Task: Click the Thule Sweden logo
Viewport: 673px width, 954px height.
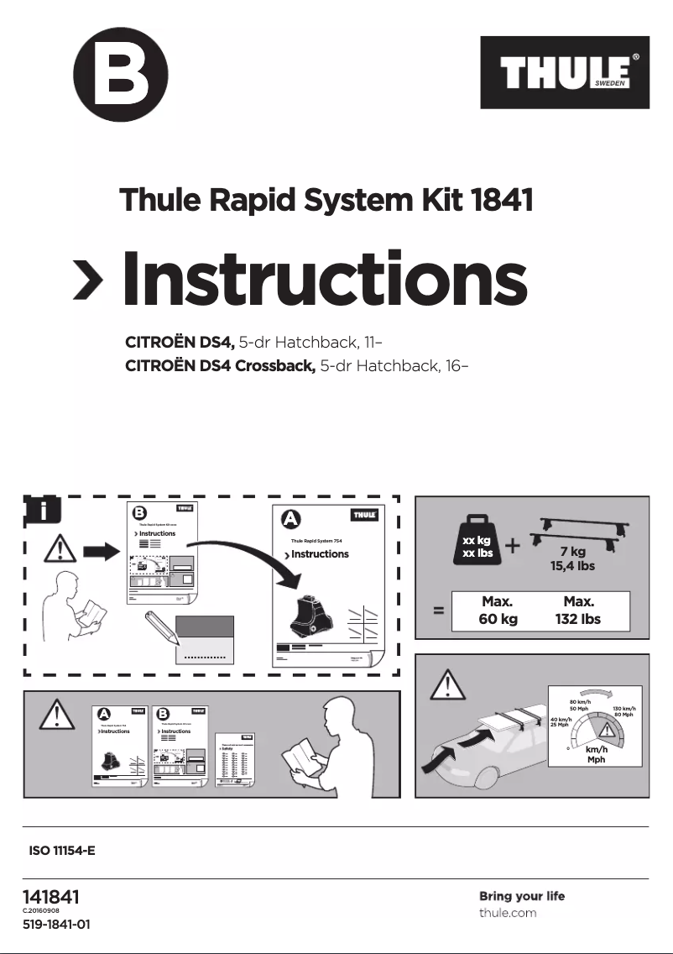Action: tap(565, 72)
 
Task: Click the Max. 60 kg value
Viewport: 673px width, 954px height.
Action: tap(497, 611)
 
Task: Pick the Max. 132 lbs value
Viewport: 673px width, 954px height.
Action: tap(579, 611)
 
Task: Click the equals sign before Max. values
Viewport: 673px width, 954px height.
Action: tap(438, 611)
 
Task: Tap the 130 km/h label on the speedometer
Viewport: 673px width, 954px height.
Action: tap(623, 710)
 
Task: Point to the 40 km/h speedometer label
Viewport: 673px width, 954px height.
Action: tap(561, 721)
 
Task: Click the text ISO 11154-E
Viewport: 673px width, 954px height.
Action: tap(62, 851)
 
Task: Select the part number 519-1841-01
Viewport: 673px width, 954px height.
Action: tap(56, 925)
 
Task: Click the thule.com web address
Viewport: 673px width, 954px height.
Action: tap(508, 912)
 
